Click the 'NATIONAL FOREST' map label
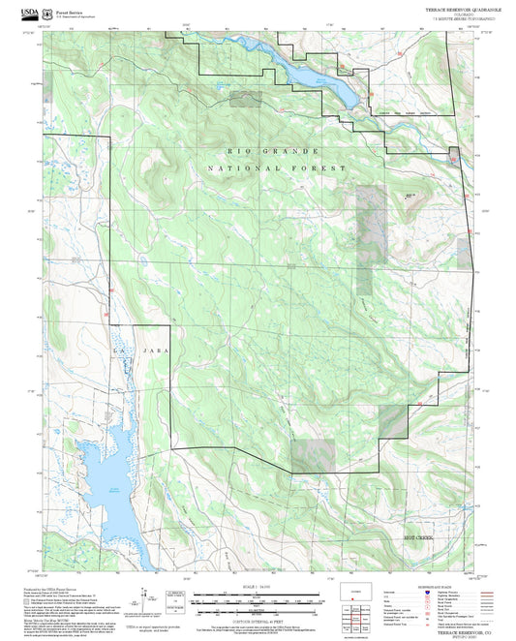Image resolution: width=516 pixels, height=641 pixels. pos(276,168)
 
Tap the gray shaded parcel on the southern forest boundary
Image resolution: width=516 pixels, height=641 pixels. pos(313,455)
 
